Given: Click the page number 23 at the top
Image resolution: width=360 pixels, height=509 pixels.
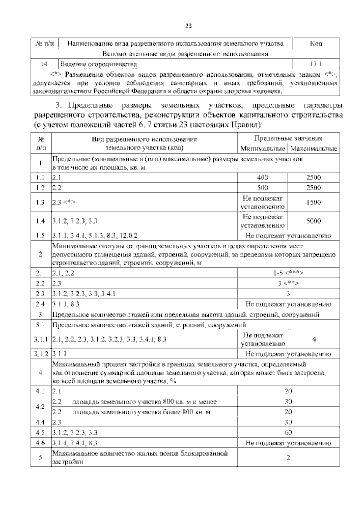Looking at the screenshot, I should [x=188, y=26].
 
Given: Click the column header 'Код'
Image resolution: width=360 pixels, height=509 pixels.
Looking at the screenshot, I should [x=316, y=44].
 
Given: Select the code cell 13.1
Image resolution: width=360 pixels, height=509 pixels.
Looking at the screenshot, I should [x=316, y=64].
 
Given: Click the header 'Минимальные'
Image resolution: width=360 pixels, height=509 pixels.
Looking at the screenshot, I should [x=262, y=149].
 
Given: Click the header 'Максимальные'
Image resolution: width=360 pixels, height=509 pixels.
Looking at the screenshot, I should [x=314, y=149].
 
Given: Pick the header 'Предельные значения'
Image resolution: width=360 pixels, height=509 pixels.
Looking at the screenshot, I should [x=288, y=138].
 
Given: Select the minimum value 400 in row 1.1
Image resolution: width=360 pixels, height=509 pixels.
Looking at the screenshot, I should [x=262, y=177].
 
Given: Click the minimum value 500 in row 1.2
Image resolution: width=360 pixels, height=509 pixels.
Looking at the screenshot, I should [x=262, y=188].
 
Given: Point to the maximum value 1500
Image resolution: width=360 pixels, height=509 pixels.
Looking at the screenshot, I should [x=314, y=202].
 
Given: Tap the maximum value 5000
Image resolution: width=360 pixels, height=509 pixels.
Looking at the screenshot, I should [x=314, y=221].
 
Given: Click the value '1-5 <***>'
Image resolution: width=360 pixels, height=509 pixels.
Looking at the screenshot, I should [x=288, y=273].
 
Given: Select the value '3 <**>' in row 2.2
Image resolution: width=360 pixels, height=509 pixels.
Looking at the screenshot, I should [x=288, y=283].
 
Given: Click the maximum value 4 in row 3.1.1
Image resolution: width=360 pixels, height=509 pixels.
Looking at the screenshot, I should [x=314, y=339].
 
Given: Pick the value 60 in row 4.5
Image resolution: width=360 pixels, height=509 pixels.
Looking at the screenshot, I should [x=288, y=432].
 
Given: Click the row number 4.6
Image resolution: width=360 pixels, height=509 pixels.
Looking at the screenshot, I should [x=40, y=443].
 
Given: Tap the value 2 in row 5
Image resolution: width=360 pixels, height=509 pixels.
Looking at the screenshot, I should [x=288, y=458].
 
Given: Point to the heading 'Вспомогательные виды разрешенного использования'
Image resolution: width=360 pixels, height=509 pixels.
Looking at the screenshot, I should [x=185, y=54].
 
